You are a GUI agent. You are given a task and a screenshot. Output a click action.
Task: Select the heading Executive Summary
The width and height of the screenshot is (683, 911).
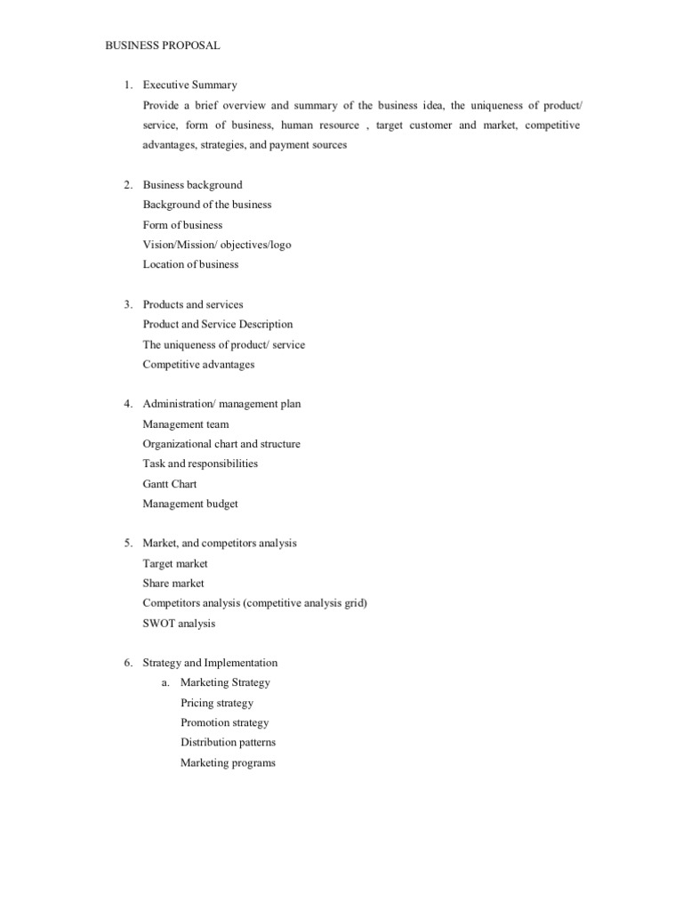pyautogui.click(x=189, y=85)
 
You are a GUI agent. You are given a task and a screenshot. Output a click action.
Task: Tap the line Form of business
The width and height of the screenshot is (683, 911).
pyautogui.click(x=182, y=225)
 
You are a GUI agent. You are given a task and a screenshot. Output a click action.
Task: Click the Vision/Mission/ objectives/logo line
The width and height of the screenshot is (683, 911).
pyautogui.click(x=217, y=245)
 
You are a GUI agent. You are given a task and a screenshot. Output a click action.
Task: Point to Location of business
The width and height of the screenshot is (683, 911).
pyautogui.click(x=190, y=264)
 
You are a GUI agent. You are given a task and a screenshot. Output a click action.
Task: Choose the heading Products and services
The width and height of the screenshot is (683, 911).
pyautogui.click(x=193, y=304)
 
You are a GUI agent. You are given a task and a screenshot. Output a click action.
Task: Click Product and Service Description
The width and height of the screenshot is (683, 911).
pyautogui.click(x=218, y=325)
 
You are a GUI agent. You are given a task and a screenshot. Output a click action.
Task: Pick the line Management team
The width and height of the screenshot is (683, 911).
pyautogui.click(x=186, y=424)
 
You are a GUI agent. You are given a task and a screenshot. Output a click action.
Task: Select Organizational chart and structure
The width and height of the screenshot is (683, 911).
pyautogui.click(x=221, y=444)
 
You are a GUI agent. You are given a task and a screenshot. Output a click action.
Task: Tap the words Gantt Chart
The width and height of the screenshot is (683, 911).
pyautogui.click(x=170, y=484)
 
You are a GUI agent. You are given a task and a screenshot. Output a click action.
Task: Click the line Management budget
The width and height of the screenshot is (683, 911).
pyautogui.click(x=190, y=504)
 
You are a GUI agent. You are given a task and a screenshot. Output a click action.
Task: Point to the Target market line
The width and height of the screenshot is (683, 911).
pyautogui.click(x=175, y=563)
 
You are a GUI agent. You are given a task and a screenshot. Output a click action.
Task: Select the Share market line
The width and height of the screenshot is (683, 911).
pyautogui.click(x=173, y=584)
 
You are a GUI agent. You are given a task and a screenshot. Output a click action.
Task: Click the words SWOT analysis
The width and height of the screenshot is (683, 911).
pyautogui.click(x=179, y=624)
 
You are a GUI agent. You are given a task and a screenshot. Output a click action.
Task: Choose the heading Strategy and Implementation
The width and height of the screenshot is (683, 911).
pyautogui.click(x=210, y=663)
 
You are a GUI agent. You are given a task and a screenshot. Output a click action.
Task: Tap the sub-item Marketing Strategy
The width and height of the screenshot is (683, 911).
pyautogui.click(x=225, y=682)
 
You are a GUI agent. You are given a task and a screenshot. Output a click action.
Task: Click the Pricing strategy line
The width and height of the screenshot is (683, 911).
pyautogui.click(x=217, y=703)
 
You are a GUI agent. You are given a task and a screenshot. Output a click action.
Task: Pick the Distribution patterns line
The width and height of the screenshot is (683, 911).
pyautogui.click(x=228, y=742)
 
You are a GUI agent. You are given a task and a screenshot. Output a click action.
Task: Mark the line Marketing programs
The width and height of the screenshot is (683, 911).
pyautogui.click(x=228, y=762)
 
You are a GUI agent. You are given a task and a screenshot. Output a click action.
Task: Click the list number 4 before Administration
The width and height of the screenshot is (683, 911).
pyautogui.click(x=128, y=404)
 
